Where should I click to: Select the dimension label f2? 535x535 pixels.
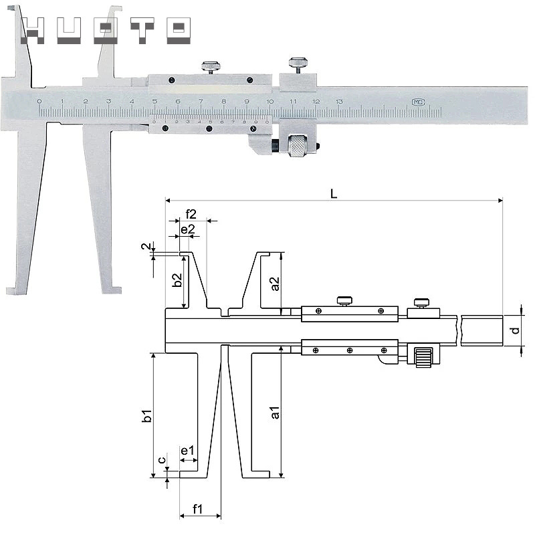tap(191, 214)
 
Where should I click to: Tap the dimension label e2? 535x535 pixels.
tap(188, 229)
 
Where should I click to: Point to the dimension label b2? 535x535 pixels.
tap(177, 280)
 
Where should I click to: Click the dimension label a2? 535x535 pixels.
tap(275, 283)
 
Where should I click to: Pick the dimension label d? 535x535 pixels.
tap(514, 330)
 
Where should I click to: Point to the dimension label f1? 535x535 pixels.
tap(199, 509)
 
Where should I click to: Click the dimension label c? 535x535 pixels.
tap(161, 460)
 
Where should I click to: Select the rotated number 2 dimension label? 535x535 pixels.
tap(144, 247)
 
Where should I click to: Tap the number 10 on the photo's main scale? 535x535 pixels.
tap(269, 102)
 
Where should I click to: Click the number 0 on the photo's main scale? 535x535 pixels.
tap(39, 102)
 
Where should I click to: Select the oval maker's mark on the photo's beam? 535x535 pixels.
tap(417, 102)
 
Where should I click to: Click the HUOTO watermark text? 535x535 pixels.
tap(107, 29)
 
